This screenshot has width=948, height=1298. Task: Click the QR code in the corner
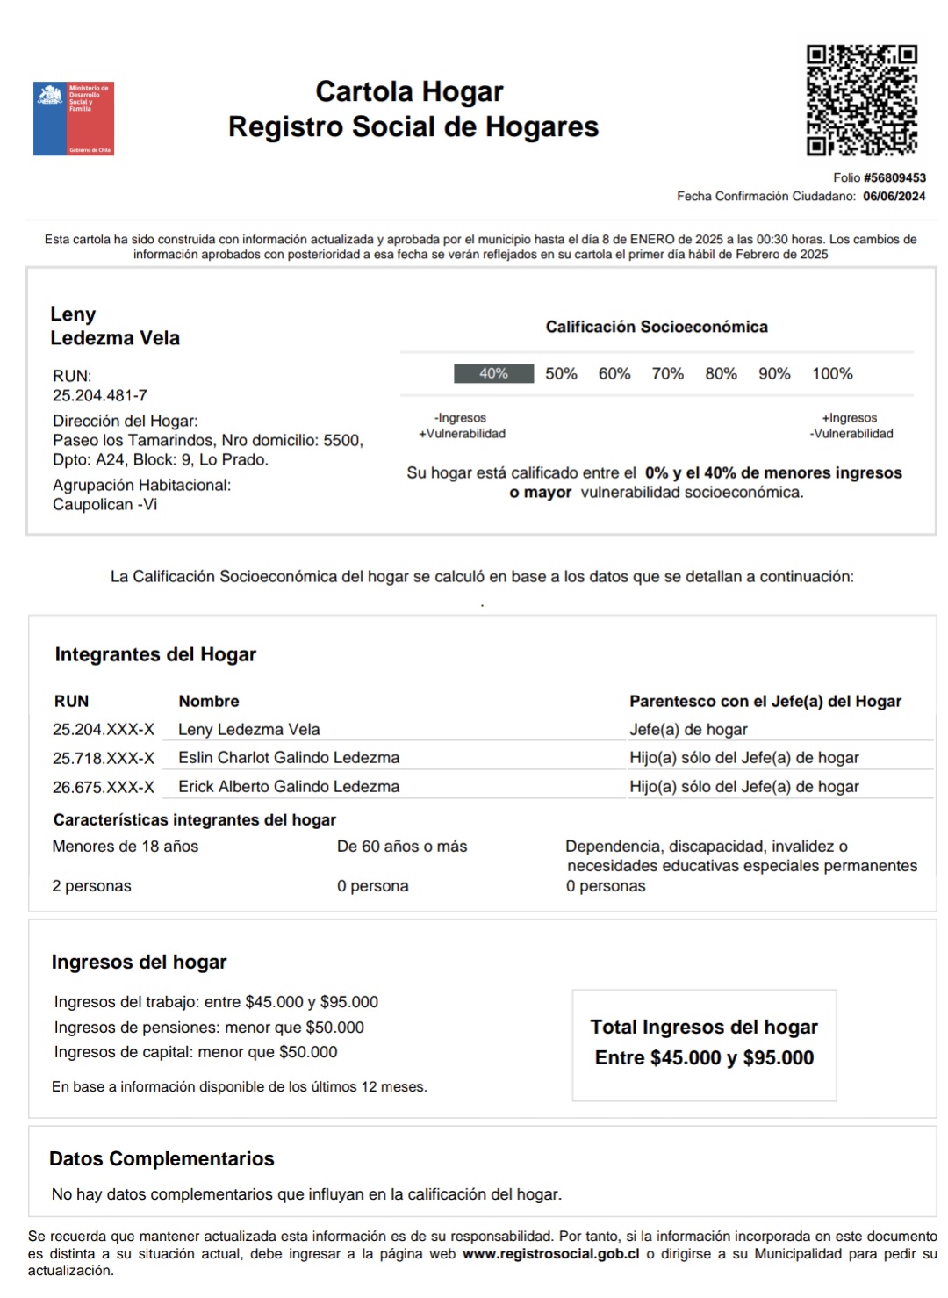click(x=861, y=100)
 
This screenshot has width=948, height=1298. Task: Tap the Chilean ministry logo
click(x=74, y=119)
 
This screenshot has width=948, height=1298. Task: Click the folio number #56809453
click(x=894, y=177)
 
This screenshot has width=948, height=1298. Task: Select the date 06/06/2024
click(x=894, y=197)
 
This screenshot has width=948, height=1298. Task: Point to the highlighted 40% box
click(x=493, y=373)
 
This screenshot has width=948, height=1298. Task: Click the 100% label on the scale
click(x=832, y=374)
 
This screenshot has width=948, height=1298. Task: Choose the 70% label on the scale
click(x=667, y=374)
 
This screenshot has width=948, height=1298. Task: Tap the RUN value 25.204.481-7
click(x=99, y=395)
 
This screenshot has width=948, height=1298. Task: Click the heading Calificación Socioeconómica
click(x=657, y=327)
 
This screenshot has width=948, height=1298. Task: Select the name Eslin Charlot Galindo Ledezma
click(x=289, y=758)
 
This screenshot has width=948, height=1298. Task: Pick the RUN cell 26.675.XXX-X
click(x=104, y=788)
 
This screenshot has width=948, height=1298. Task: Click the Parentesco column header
click(x=765, y=702)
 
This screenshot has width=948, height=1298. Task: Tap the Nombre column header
click(x=209, y=702)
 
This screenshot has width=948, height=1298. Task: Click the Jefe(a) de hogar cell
click(x=688, y=730)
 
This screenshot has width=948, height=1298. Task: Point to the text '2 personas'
click(x=91, y=886)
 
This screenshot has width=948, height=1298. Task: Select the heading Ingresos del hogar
click(x=139, y=963)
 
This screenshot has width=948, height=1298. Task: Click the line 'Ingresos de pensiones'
click(x=209, y=1028)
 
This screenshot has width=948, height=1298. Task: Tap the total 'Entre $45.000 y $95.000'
click(x=704, y=1058)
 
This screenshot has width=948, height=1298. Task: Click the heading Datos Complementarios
click(x=162, y=1159)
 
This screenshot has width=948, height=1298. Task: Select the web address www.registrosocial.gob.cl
click(x=550, y=1254)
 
